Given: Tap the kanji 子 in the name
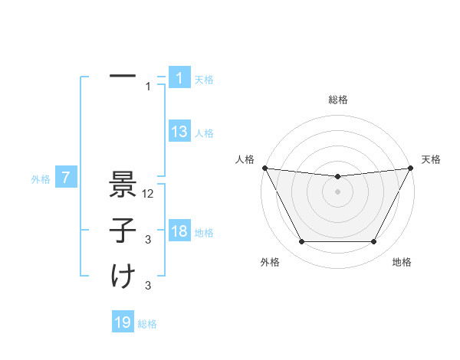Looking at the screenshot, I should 123,231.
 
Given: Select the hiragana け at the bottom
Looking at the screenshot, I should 123,275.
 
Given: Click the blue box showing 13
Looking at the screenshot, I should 179,132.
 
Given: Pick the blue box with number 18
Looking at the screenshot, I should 179,231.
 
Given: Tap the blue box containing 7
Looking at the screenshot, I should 66,178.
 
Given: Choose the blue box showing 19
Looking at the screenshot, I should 123,322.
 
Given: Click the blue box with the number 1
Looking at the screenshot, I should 179,77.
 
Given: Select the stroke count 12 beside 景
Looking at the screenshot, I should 149,194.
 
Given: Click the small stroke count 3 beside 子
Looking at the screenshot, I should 149,240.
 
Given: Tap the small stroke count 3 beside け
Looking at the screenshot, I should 149,286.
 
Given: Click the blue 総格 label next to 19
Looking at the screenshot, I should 147,324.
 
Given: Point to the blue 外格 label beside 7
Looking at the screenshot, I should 41,179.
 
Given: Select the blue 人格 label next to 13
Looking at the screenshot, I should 204,133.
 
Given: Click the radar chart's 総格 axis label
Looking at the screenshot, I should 338,100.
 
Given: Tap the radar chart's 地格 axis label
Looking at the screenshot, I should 402,263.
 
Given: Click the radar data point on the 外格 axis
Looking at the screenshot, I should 301,242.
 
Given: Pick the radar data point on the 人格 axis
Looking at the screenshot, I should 264,168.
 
